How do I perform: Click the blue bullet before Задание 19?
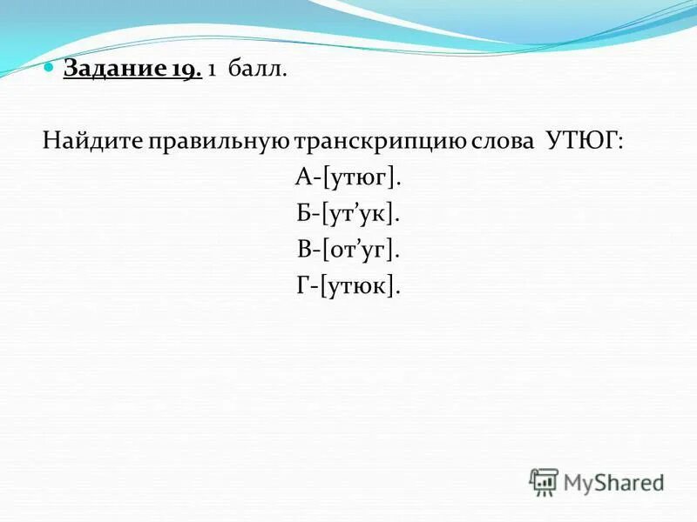[x=51, y=67]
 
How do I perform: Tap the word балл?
[x=257, y=69]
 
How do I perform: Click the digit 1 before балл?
[x=213, y=69]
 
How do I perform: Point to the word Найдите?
[x=92, y=141]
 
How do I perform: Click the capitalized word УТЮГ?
[x=585, y=141]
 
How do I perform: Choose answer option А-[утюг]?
[x=348, y=178]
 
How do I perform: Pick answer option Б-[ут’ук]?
[x=348, y=214]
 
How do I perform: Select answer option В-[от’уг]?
[x=348, y=251]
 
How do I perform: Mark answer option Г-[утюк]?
[x=348, y=286]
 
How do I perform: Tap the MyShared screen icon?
[x=543, y=482]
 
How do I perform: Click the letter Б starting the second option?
[x=301, y=214]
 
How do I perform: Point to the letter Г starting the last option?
[x=301, y=286]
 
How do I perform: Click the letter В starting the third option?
[x=301, y=251]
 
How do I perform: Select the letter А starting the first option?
[x=302, y=178]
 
